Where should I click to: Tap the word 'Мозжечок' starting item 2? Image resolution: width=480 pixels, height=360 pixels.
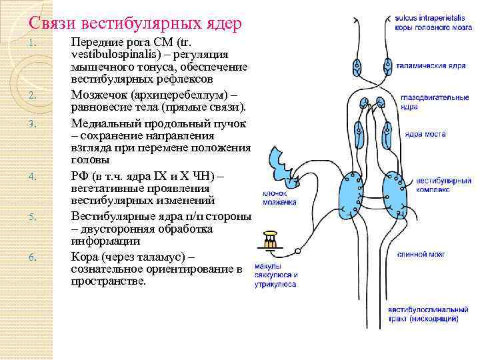[x=100, y=97]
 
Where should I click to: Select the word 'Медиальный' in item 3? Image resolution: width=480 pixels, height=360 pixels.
[x=107, y=123]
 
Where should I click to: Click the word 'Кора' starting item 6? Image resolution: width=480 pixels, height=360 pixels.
[x=85, y=256]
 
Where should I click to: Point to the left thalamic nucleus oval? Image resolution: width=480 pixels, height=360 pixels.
[x=359, y=67]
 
